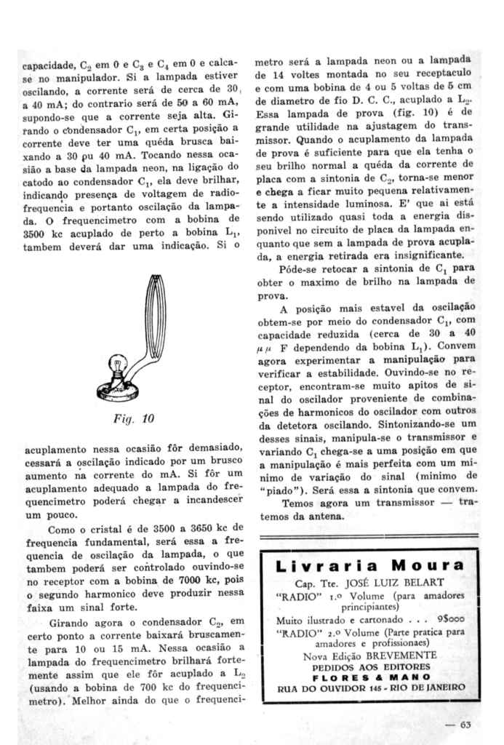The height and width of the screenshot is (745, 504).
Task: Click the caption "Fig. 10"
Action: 137,418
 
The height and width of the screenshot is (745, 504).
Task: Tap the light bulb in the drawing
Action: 117,364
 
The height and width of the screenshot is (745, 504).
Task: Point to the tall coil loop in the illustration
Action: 155,313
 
